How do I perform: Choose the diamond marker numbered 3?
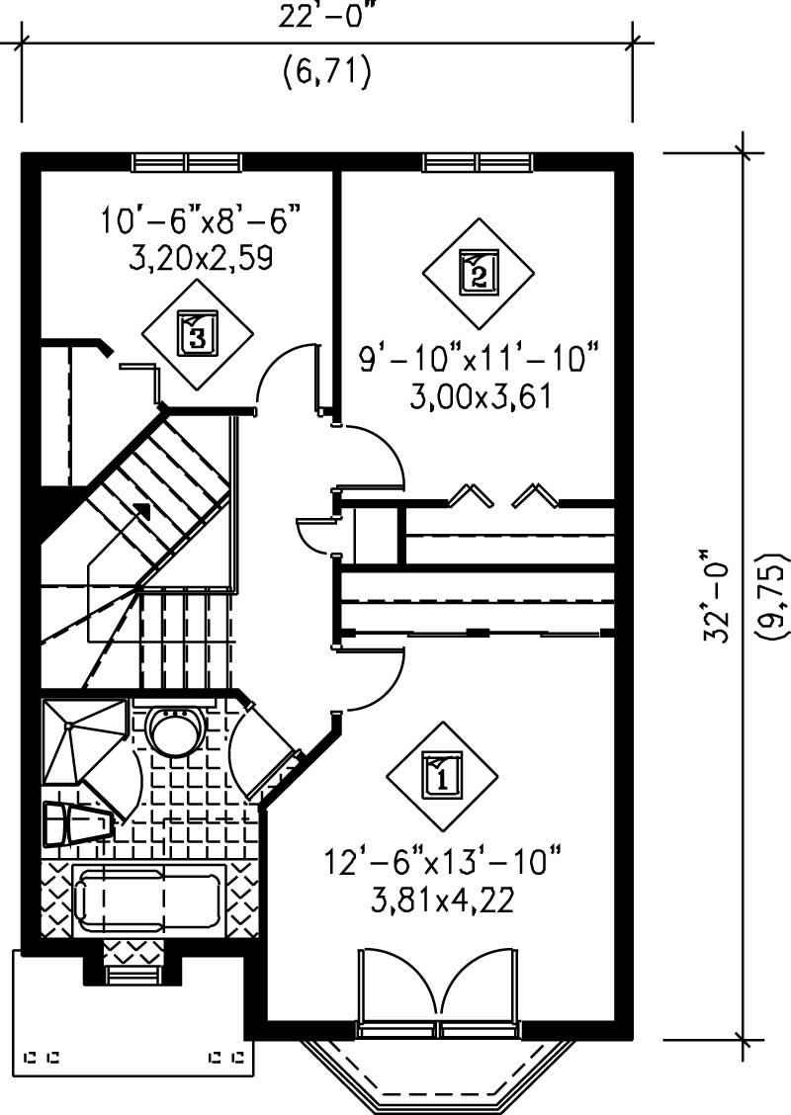(x=197, y=333)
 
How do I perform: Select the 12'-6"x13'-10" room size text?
(x=442, y=862)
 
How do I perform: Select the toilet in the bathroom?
(x=74, y=823)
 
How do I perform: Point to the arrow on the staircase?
(x=140, y=512)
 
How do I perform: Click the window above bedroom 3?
(x=187, y=162)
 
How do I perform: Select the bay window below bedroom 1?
(x=438, y=1072)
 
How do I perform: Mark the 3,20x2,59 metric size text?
(x=200, y=258)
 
